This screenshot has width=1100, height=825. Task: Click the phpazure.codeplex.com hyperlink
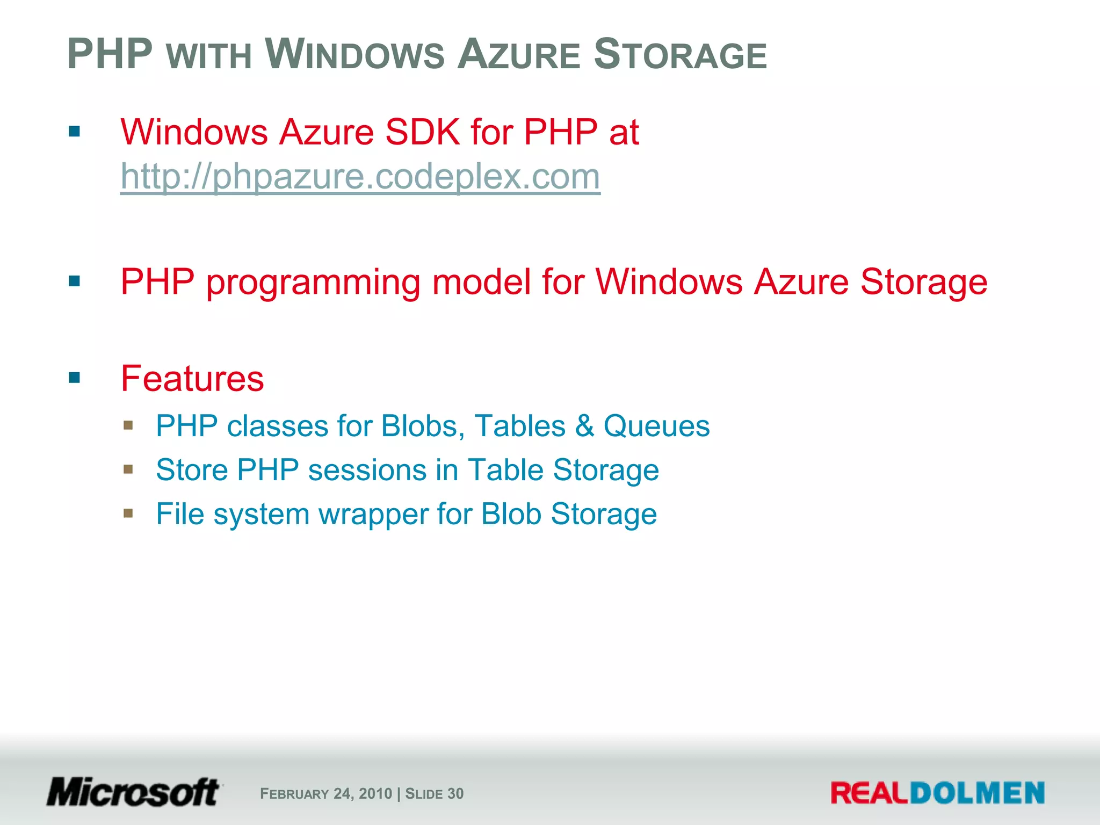(x=360, y=177)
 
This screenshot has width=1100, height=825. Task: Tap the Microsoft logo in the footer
(x=133, y=792)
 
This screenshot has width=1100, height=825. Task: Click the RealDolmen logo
(x=937, y=793)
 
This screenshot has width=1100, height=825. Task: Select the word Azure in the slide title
(x=518, y=55)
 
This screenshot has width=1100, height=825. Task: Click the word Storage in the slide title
(x=680, y=55)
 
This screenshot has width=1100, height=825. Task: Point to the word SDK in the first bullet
(x=423, y=132)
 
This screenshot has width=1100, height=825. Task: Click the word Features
(x=192, y=379)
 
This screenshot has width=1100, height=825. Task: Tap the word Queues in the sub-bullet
(x=656, y=426)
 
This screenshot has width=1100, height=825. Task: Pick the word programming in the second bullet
(x=313, y=283)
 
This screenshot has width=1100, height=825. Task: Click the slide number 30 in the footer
(x=455, y=794)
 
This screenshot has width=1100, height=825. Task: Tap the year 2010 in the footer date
(x=375, y=794)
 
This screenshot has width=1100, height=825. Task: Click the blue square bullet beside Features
(x=75, y=378)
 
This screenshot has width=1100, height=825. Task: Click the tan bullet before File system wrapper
(x=128, y=513)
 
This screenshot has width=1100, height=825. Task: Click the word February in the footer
(x=294, y=794)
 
